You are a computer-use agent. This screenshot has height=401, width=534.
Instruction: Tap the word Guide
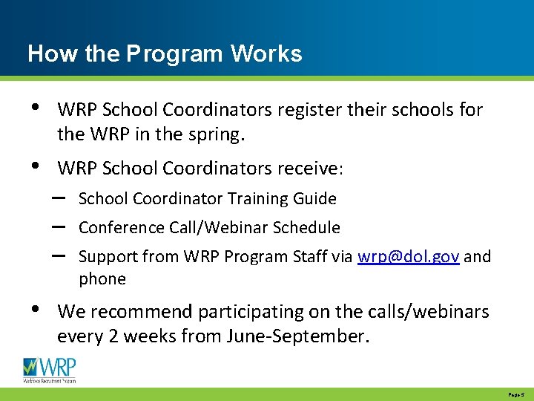[x=314, y=199]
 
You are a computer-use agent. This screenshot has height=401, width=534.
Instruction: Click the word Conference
[x=115, y=228]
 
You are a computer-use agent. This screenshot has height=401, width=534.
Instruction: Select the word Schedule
[x=306, y=228]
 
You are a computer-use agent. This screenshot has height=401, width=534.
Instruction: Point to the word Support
[x=105, y=258]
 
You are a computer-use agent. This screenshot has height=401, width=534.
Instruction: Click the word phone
[x=102, y=279]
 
